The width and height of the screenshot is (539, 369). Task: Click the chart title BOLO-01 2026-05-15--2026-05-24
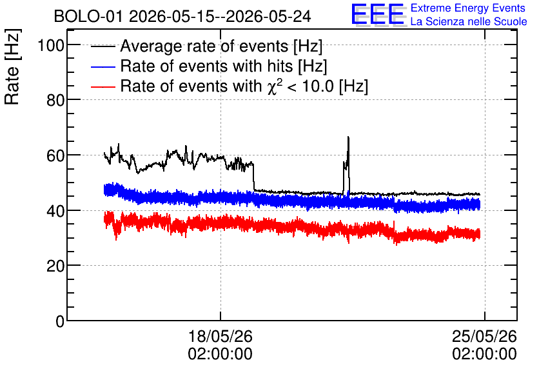[182, 16]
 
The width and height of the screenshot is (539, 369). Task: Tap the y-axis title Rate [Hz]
[12, 67]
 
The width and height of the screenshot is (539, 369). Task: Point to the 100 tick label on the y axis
[51, 45]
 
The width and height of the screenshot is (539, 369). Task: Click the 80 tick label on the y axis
[55, 101]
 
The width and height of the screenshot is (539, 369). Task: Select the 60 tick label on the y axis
[55, 155]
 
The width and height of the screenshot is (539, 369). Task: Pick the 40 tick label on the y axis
[55, 211]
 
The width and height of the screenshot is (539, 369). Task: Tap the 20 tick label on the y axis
[55, 266]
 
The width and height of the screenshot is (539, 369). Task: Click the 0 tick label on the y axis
[60, 321]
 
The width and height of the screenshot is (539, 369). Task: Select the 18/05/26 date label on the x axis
[220, 336]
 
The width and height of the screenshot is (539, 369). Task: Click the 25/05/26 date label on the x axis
[484, 336]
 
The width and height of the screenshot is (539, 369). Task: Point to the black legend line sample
[103, 46]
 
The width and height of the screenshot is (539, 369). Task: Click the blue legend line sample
[103, 66]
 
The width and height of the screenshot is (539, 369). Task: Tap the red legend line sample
[103, 86]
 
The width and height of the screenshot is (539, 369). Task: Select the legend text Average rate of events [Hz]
[221, 46]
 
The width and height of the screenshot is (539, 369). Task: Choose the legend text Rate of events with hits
[206, 66]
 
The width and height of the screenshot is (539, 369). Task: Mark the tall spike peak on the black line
[348, 137]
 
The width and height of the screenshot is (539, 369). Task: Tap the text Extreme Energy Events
[468, 8]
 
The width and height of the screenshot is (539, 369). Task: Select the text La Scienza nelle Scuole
[469, 21]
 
